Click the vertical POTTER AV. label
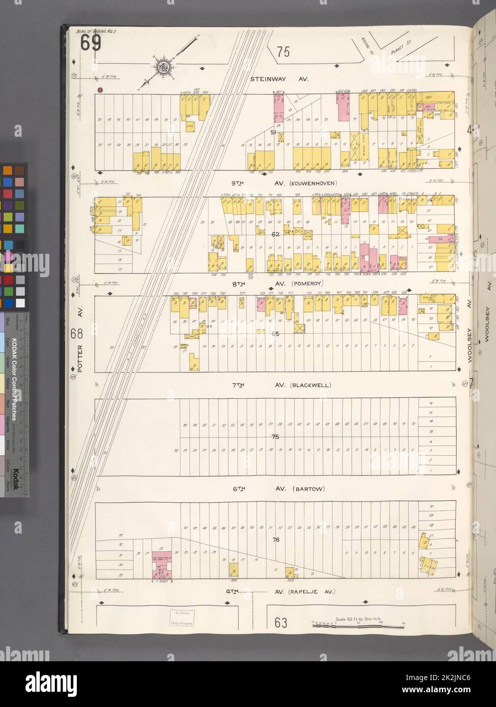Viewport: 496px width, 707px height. click(x=80, y=346)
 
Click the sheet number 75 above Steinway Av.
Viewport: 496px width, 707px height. click(x=283, y=52)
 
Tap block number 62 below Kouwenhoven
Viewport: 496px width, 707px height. click(x=276, y=235)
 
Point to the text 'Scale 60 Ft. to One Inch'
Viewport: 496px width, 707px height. click(x=359, y=618)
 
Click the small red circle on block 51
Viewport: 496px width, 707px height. click(x=101, y=91)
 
